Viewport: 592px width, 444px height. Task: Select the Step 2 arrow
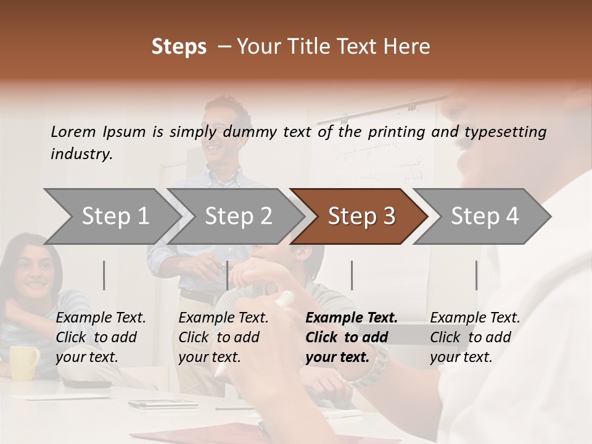[x=238, y=216]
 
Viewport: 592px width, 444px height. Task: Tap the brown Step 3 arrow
[x=361, y=216]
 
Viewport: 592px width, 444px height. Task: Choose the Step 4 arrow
[x=484, y=216]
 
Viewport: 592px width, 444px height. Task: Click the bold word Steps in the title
[x=179, y=47]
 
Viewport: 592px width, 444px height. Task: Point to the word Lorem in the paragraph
[x=73, y=131]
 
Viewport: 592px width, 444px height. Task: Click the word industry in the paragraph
[x=81, y=154]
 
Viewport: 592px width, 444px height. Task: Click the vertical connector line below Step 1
[x=104, y=275]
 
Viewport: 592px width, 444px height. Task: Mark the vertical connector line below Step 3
[x=351, y=275]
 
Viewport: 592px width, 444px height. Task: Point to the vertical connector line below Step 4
[x=476, y=275]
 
